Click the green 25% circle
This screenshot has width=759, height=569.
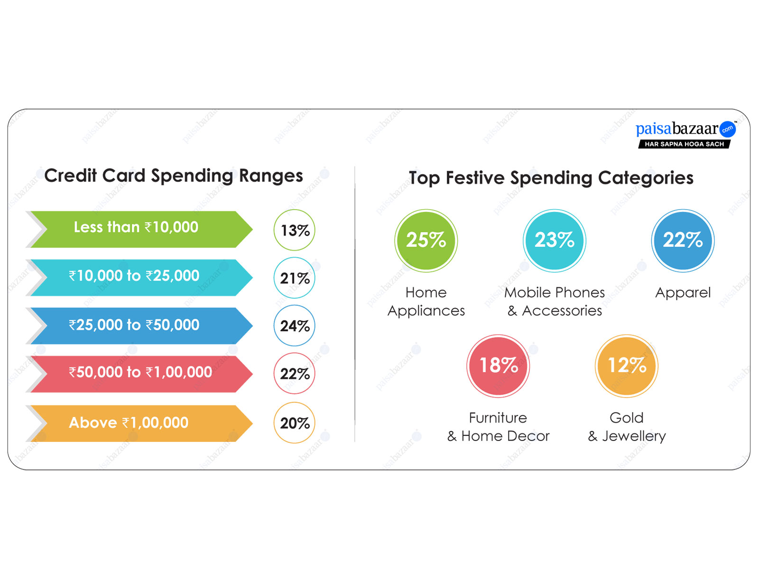coord(426,240)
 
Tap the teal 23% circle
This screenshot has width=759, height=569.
coord(554,240)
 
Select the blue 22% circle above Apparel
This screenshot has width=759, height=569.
coord(683,240)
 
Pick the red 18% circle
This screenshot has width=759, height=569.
coord(498,366)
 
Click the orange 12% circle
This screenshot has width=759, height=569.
coord(627,366)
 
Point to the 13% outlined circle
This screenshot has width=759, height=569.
coord(294,230)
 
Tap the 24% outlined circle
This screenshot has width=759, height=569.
coord(294,326)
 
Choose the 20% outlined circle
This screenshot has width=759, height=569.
coord(294,422)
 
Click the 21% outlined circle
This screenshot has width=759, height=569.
coord(294,278)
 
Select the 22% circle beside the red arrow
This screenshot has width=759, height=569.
coord(294,374)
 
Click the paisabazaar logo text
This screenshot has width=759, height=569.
coord(677,128)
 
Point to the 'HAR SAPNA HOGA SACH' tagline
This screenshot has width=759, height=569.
coord(684,144)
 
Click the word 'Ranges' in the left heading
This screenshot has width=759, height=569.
coord(271,176)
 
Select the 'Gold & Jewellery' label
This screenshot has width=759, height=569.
coord(627,427)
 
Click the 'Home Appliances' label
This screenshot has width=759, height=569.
coord(426,302)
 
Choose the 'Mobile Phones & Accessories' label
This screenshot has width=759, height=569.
coord(554,302)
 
